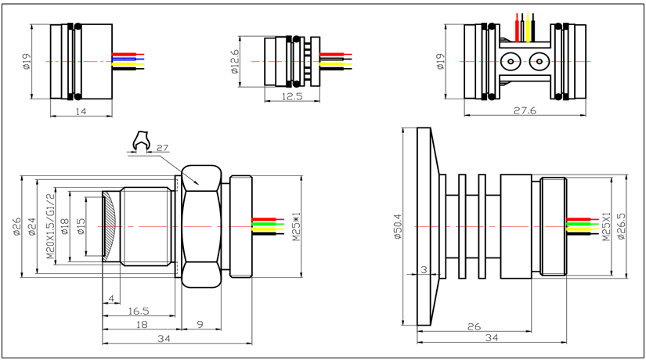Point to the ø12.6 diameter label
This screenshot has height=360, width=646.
click(235, 60)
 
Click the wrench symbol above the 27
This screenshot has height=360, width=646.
click(141, 141)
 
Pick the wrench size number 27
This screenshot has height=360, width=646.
click(163, 148)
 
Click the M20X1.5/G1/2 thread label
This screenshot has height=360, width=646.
click(51, 227)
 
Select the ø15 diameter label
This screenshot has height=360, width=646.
click(81, 227)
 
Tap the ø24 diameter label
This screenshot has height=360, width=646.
click(32, 227)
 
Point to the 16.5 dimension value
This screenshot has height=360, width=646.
click(138, 311)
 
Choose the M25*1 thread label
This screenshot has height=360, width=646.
click(296, 227)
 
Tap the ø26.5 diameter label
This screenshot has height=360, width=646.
click(621, 227)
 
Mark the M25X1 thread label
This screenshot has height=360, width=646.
click(605, 227)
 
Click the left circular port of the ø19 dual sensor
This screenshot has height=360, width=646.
click(511, 61)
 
